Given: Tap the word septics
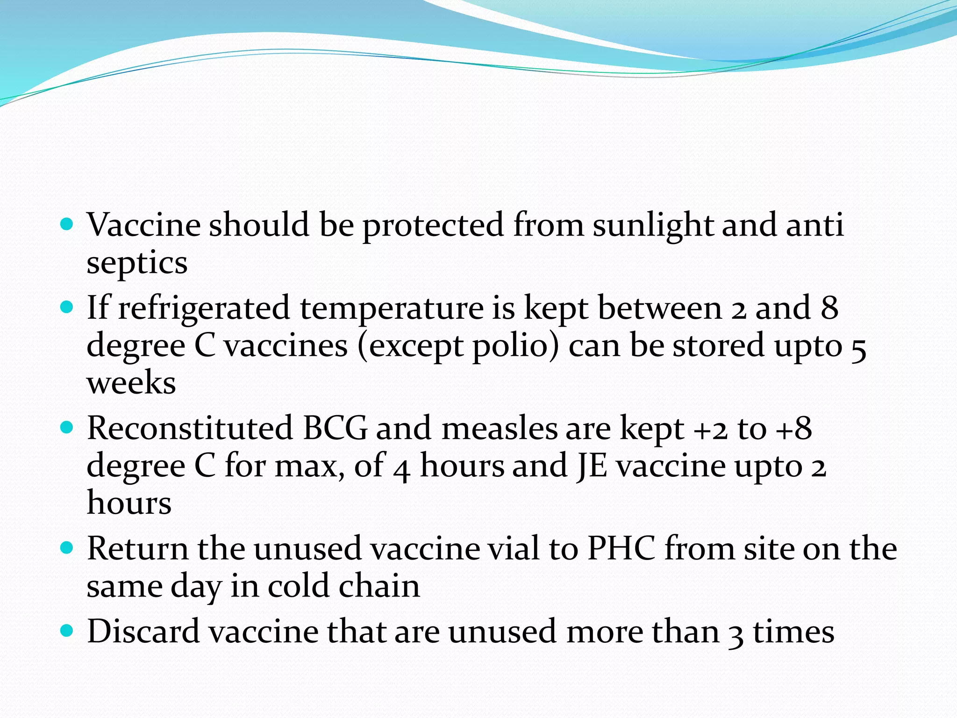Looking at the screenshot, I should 137,263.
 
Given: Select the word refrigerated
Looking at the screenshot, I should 204,309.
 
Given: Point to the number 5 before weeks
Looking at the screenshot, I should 858,348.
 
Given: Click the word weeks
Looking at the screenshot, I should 131,383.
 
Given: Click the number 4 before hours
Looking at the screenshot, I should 401,467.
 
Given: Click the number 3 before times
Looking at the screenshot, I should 736,633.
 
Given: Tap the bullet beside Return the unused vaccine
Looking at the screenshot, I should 68,547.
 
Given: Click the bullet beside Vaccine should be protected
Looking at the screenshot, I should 68,224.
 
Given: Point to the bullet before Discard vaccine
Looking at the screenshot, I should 68,632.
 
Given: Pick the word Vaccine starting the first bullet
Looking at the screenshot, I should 143,225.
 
